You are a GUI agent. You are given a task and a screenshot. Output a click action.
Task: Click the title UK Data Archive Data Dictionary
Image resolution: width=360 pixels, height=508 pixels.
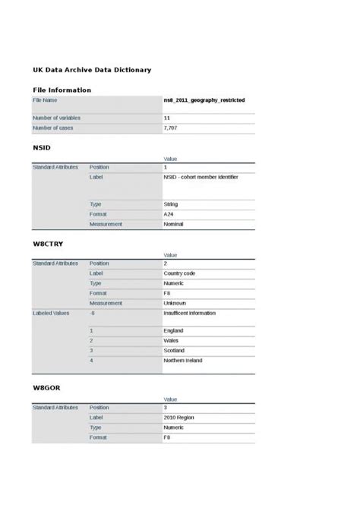(x=92, y=70)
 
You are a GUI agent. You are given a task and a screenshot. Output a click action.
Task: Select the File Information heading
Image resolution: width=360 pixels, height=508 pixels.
(x=62, y=90)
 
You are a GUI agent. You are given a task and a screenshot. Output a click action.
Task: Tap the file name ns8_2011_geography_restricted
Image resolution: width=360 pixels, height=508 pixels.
(x=204, y=99)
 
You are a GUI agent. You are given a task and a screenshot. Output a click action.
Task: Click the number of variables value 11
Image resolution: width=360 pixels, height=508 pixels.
(x=167, y=118)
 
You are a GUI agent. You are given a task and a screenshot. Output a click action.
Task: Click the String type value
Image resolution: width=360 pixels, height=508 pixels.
(x=170, y=204)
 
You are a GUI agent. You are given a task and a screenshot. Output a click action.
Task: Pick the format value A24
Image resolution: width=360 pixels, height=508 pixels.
(x=169, y=214)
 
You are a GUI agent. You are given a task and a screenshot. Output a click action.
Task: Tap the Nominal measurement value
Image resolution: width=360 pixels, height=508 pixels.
(x=173, y=224)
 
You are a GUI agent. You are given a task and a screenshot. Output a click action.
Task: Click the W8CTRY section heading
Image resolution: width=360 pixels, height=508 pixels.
(x=48, y=244)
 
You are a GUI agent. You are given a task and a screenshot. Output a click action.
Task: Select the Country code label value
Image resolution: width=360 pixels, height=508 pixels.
(x=179, y=273)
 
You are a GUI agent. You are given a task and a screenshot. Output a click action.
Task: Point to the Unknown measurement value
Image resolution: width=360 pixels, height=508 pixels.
(x=175, y=302)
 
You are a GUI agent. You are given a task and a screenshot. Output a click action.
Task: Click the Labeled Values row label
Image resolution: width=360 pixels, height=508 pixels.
(x=52, y=312)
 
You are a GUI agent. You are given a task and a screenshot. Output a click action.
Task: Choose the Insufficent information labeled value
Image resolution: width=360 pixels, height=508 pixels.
(x=189, y=312)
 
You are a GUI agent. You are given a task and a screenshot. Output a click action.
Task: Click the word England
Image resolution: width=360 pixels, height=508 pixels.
(x=173, y=331)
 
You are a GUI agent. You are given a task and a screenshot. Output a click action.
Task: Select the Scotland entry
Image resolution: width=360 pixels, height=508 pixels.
(x=175, y=351)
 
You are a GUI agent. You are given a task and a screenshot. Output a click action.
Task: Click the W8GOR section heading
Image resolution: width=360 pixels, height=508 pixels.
(x=46, y=387)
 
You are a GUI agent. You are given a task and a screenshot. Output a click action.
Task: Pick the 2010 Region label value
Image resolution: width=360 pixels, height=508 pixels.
(x=179, y=417)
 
